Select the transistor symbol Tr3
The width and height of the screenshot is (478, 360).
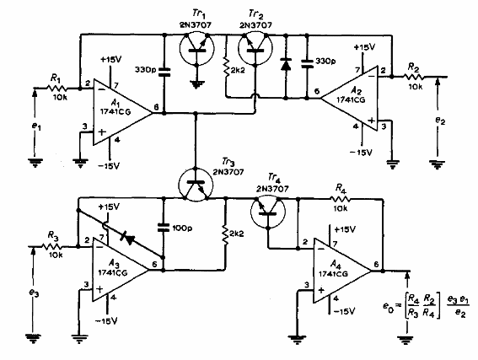coord(196,184)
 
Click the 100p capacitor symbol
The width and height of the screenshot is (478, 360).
coord(163,227)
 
